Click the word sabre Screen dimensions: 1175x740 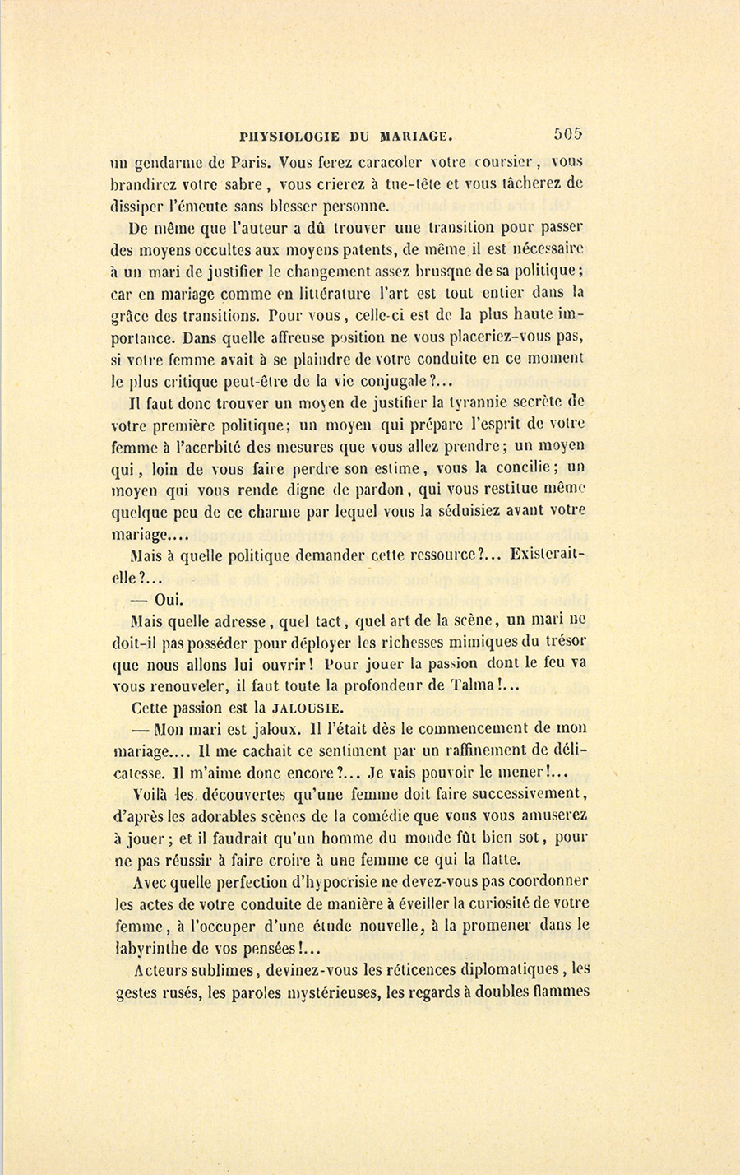[x=243, y=183]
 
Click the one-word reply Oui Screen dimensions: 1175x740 [x=169, y=600]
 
